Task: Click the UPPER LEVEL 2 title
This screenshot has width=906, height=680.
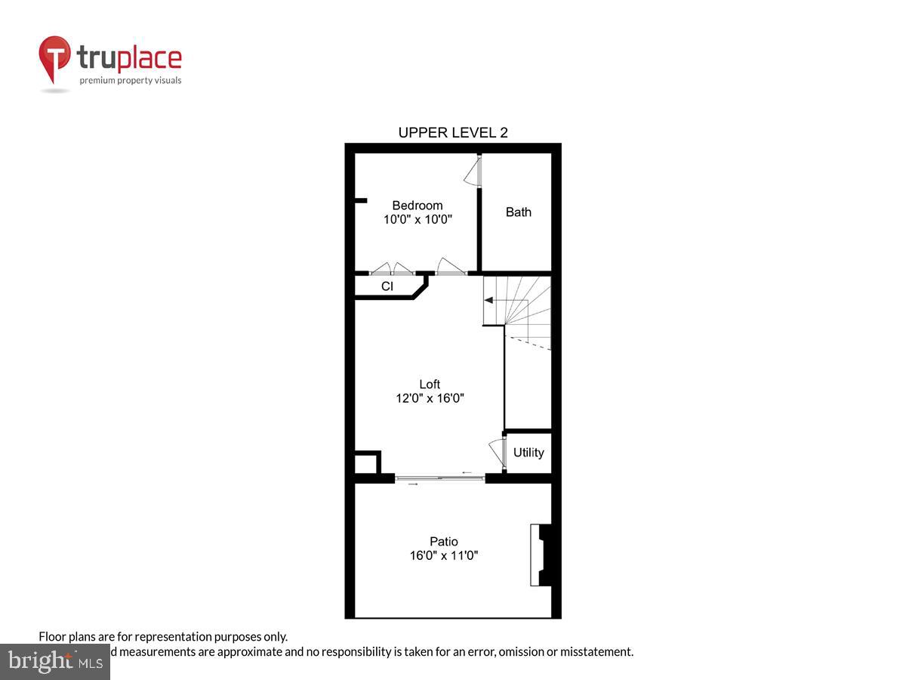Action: pyautogui.click(x=453, y=133)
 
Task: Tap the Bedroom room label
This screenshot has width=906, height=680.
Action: pyautogui.click(x=418, y=206)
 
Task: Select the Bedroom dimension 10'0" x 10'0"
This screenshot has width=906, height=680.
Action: pyautogui.click(x=418, y=220)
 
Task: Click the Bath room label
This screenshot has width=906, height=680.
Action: pyautogui.click(x=519, y=212)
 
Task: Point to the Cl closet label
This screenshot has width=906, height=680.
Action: pyautogui.click(x=387, y=286)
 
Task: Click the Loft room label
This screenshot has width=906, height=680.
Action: pyautogui.click(x=430, y=384)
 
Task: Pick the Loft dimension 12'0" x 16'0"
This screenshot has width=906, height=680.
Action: pyautogui.click(x=430, y=398)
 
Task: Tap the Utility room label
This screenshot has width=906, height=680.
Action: pyautogui.click(x=528, y=453)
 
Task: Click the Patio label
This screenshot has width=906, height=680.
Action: pyautogui.click(x=444, y=541)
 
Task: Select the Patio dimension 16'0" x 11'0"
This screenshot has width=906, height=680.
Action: pyautogui.click(x=444, y=555)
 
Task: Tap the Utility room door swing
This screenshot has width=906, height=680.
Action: pyautogui.click(x=498, y=451)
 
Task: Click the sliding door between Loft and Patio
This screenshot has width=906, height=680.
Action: pyautogui.click(x=439, y=478)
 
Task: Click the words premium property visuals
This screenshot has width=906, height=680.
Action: pyautogui.click(x=131, y=80)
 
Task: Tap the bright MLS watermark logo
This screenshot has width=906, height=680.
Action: pyautogui.click(x=54, y=661)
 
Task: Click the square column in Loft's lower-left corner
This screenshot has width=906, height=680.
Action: pyautogui.click(x=367, y=462)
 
